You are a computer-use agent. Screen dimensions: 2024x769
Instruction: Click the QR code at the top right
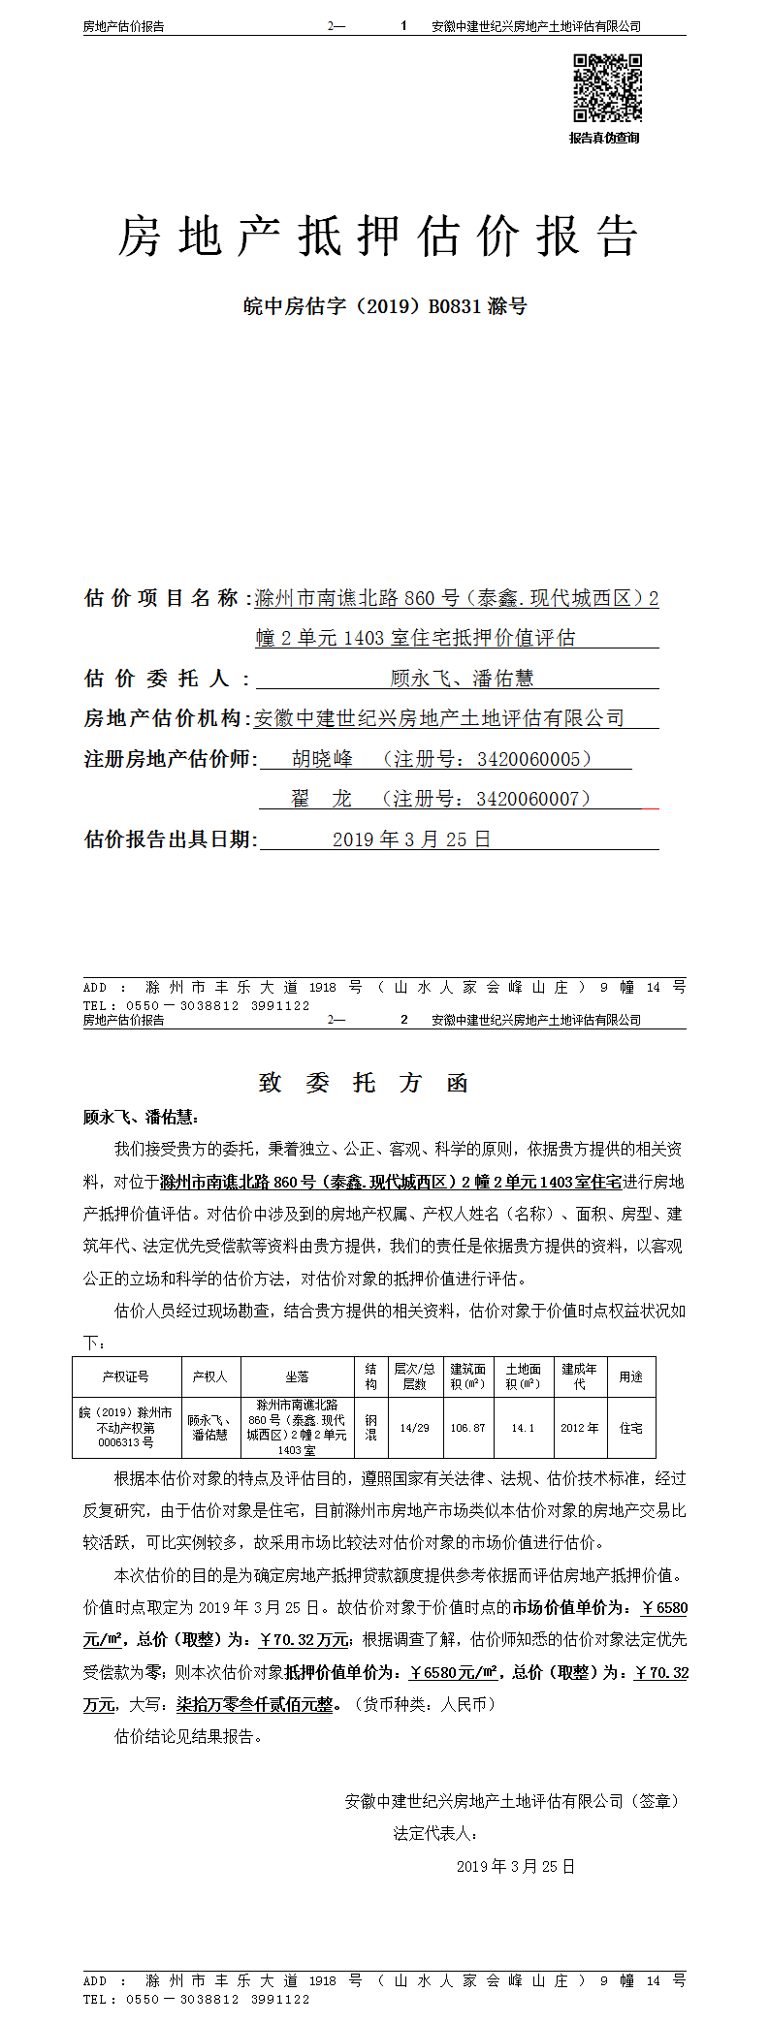(606, 88)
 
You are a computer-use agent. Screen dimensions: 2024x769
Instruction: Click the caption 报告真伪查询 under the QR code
(604, 138)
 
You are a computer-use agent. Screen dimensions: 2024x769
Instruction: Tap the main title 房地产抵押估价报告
(378, 237)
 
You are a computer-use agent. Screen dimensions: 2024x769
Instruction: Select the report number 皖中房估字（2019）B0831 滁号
(384, 306)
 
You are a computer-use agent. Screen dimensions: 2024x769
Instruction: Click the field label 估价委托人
(167, 678)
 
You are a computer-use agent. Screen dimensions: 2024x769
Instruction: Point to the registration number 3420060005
(529, 758)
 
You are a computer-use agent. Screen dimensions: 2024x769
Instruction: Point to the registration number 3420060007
(528, 798)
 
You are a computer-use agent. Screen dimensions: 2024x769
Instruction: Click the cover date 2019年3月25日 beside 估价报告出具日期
(411, 838)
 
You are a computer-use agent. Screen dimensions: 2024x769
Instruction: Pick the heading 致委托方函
(364, 1083)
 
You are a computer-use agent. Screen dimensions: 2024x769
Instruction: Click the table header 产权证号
(126, 1376)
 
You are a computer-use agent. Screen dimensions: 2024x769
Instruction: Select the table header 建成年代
(579, 1376)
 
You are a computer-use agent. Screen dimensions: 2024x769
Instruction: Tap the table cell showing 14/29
(414, 1428)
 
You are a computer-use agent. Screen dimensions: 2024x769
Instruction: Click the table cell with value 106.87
(467, 1428)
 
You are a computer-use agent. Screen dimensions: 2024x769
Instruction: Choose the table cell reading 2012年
(579, 1428)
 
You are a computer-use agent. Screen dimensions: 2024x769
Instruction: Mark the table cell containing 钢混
(370, 1428)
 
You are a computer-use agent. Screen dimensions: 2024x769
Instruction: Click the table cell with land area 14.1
(523, 1428)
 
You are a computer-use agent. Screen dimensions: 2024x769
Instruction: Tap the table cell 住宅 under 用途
(630, 1428)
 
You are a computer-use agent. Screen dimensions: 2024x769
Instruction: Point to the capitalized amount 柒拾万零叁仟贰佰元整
(254, 1704)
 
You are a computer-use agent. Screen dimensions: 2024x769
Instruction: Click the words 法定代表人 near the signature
(433, 1833)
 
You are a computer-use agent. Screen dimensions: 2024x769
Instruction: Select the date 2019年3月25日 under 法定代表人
(515, 1866)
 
